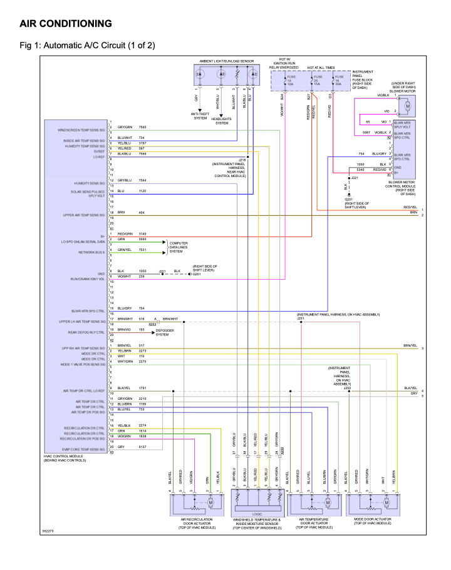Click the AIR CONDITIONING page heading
66,24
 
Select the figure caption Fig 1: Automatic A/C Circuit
87,45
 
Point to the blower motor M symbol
407,106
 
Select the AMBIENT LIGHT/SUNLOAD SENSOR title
227,61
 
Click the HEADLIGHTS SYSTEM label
222,121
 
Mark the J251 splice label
301,318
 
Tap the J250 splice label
347,388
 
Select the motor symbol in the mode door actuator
373,503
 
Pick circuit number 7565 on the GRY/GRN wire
142,127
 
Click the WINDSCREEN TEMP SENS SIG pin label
81,130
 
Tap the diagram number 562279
48,532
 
